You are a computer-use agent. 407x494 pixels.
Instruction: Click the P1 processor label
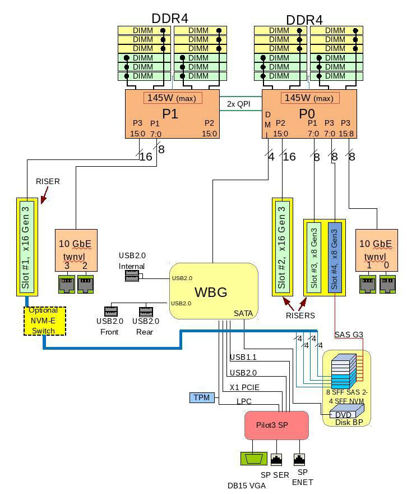pos(170,114)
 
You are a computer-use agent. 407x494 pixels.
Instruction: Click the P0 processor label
pos(307,114)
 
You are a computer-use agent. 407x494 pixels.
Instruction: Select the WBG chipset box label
pos(211,292)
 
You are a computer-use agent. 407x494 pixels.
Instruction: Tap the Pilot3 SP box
pos(276,425)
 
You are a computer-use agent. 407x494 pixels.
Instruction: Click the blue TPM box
pos(201,397)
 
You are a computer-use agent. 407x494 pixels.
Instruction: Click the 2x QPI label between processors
pos(239,104)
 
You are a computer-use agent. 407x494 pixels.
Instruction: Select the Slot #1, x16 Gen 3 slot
pos(26,246)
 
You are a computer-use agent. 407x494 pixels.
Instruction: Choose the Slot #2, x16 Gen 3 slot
pos(282,246)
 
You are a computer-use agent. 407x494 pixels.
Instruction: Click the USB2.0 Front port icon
pos(110,310)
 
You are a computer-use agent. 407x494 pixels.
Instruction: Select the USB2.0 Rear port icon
pos(146,310)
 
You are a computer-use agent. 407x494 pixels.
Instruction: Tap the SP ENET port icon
pos(299,460)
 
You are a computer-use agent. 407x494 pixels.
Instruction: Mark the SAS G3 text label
pos(349,335)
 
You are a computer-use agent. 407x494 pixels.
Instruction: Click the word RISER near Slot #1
pos(48,181)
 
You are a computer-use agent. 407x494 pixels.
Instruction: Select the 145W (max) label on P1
pos(172,98)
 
